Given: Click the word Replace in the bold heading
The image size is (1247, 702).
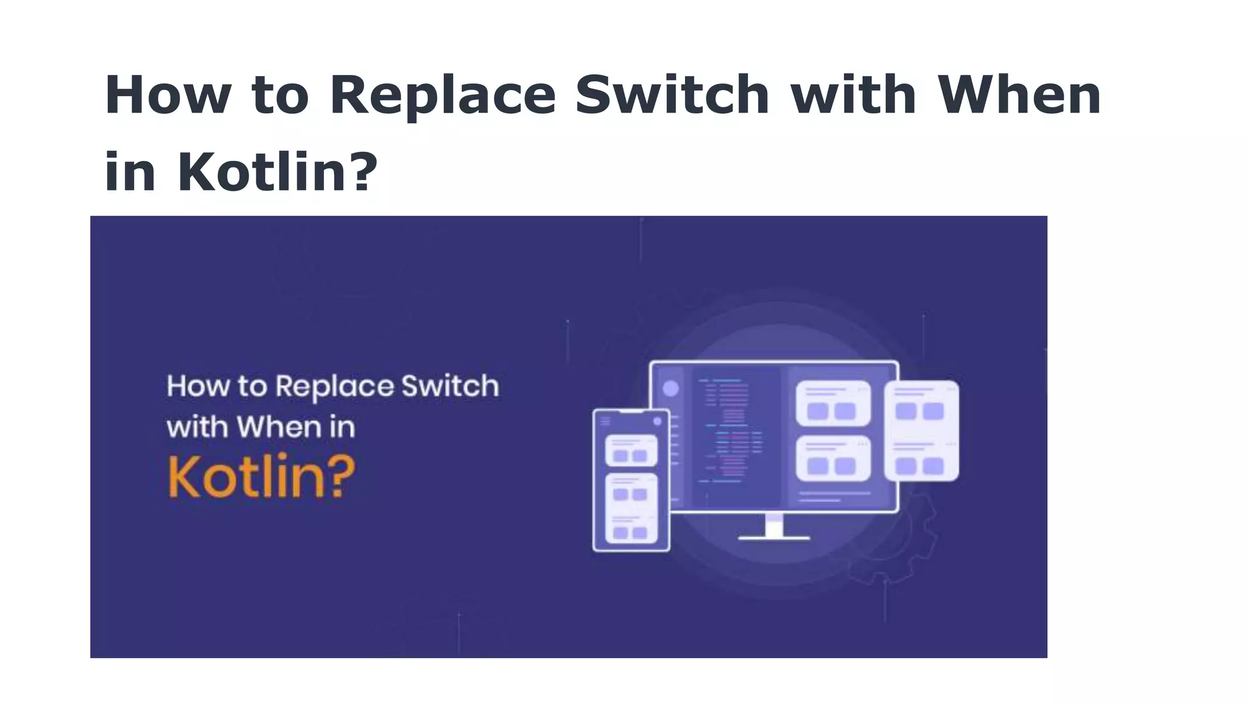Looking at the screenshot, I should [x=443, y=96].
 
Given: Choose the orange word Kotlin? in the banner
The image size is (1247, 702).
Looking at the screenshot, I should [x=261, y=477].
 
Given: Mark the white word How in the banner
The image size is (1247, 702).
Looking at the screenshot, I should [x=198, y=386].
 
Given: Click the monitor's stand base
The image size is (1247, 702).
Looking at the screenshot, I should [x=773, y=537].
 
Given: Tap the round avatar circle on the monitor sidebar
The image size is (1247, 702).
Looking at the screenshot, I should [x=670, y=389].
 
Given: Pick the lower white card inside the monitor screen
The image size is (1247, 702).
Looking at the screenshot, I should [x=832, y=458].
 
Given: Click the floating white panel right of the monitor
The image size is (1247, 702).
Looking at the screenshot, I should [x=921, y=430].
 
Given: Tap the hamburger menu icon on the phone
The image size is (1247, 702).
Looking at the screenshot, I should [x=605, y=421].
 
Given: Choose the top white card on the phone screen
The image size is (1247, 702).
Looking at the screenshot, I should [x=631, y=450].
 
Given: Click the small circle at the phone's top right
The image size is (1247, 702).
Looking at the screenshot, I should [x=657, y=421].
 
